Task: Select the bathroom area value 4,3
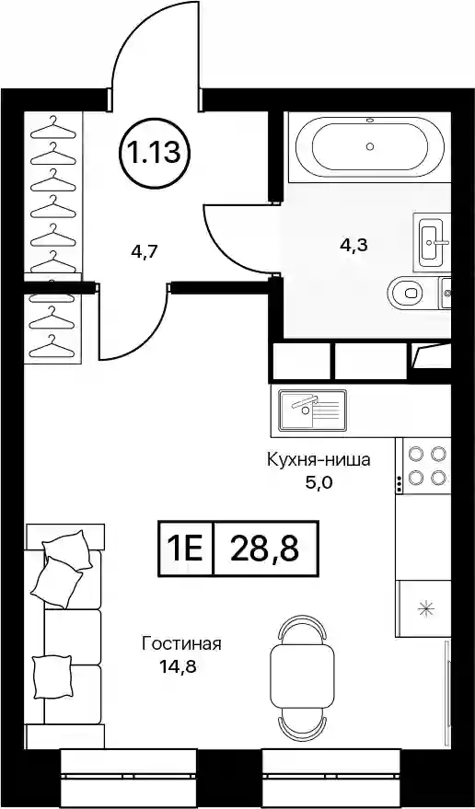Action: [353, 246]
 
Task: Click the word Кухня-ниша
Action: [319, 460]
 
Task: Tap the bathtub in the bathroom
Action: [370, 146]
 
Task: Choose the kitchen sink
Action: [312, 410]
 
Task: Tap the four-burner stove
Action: [423, 466]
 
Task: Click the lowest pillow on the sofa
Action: [52, 676]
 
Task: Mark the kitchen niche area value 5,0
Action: [319, 484]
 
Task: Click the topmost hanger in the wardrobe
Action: [52, 127]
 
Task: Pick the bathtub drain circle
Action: [370, 146]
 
